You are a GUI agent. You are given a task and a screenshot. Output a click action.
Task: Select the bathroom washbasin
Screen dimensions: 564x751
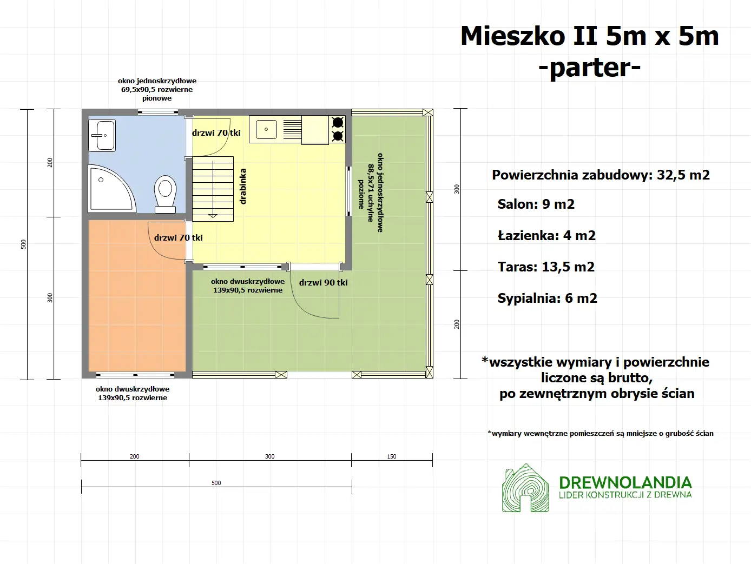(102, 135)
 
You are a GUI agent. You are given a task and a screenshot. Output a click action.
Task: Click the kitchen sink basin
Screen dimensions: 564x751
(266, 129)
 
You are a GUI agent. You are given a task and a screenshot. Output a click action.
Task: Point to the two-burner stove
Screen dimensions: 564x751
(338, 129)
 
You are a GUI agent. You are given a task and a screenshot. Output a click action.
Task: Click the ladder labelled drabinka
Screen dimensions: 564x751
(213, 188)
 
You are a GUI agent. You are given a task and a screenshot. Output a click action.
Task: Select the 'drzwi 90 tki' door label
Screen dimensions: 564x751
(323, 282)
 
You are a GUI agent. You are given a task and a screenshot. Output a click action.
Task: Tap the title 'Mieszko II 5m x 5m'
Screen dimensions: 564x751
(589, 36)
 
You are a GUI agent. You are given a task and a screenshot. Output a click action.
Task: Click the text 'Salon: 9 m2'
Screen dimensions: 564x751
(536, 204)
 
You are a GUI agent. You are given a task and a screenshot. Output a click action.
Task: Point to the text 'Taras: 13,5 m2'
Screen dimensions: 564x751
(545, 267)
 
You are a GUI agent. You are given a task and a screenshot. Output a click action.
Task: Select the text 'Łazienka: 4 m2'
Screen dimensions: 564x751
(546, 236)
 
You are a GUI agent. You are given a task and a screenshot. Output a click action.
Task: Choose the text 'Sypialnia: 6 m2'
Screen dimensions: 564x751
(547, 298)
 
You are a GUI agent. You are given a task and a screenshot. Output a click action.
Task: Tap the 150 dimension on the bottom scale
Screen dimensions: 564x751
(391, 456)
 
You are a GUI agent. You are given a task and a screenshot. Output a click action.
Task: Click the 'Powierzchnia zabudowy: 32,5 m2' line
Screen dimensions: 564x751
(601, 175)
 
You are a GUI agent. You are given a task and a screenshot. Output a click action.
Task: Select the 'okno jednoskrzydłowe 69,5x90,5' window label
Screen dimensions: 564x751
(157, 89)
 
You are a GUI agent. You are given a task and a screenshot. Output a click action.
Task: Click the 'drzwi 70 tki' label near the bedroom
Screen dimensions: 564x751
(178, 237)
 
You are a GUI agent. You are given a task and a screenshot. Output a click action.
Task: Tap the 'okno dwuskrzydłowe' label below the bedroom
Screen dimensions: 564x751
(133, 393)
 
